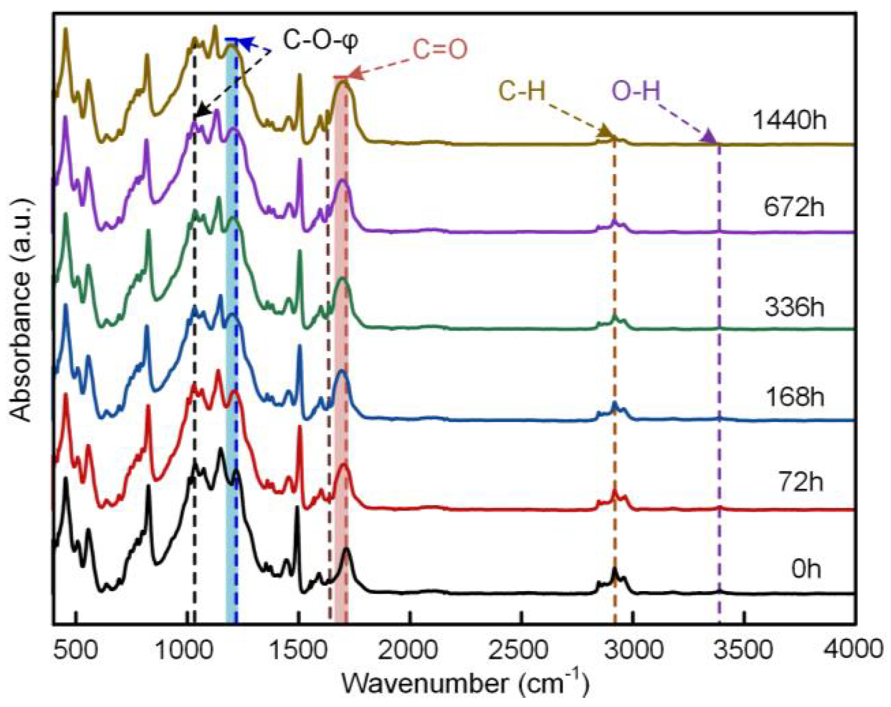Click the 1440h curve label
tap(789, 120)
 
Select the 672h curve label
tap(794, 207)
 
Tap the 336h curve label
tap(794, 307)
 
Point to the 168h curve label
tap(794, 397)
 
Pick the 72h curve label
tap(800, 482)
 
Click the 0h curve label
tap(806, 568)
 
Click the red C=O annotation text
tap(440, 50)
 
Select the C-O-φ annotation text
tap(320, 40)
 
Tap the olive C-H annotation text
tap(521, 91)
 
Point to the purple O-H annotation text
tap(636, 91)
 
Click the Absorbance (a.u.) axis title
tap(21, 311)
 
